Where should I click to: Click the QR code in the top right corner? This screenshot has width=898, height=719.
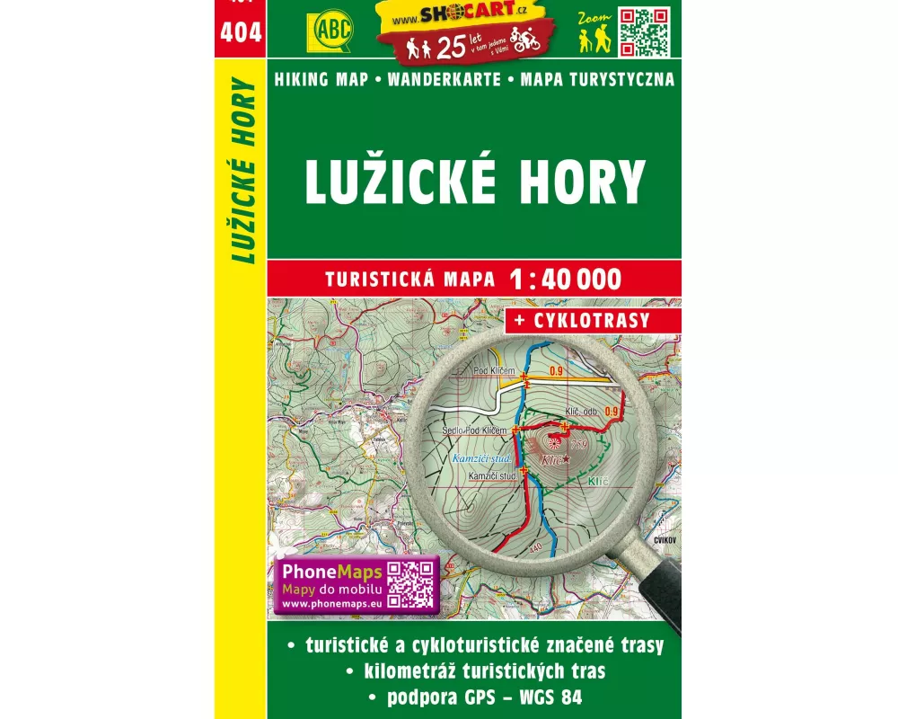point(646,31)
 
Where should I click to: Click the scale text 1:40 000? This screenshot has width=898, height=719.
point(564,280)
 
